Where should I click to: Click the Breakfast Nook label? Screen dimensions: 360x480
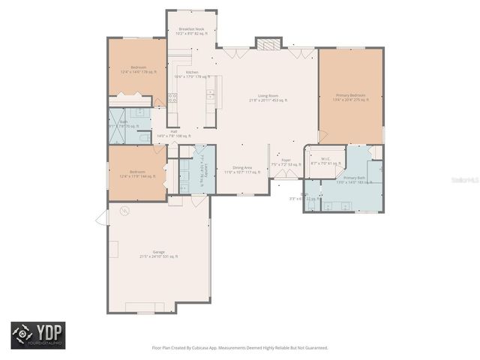click(191, 31)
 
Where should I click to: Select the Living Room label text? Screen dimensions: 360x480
click(268, 97)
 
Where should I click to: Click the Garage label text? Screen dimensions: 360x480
click(158, 253)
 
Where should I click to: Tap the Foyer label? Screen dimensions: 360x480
click(286, 161)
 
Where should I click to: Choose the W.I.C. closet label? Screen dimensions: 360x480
click(326, 160)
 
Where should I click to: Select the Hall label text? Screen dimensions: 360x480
click(173, 133)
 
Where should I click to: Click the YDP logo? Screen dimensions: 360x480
click(37, 335)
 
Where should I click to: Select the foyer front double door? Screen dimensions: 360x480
click(286, 175)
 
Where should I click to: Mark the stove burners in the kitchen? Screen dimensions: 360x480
click(172, 97)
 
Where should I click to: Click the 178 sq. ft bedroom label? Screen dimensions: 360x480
click(138, 70)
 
